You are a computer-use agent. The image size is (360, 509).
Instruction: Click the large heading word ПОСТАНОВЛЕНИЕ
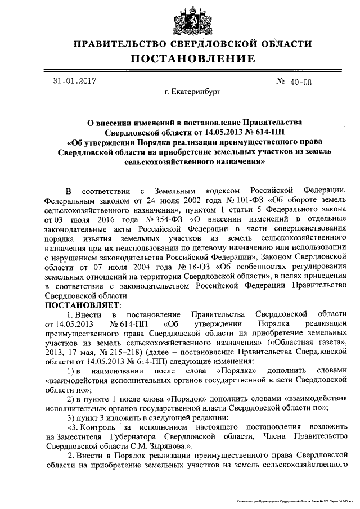tap(193, 58)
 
